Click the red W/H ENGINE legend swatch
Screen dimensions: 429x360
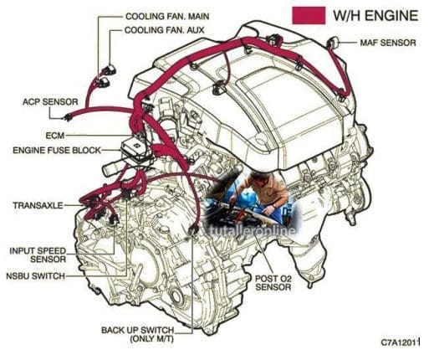tap(309, 15)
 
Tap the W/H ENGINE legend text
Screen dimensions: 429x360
tap(375, 15)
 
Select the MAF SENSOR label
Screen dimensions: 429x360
tap(388, 43)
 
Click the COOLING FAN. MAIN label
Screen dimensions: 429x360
tap(167, 17)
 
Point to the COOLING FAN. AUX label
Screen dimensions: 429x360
tap(165, 30)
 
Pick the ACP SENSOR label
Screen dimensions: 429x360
tap(50, 102)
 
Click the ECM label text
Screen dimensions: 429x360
tap(55, 136)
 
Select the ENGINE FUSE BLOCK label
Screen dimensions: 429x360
tap(57, 151)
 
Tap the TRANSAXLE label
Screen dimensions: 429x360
tap(38, 205)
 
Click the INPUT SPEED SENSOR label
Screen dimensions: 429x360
tap(38, 255)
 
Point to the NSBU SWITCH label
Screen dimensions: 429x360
tap(36, 276)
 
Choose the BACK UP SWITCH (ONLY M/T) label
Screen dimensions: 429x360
tap(138, 334)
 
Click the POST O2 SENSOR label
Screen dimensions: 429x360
tap(273, 283)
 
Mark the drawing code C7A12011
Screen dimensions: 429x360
tap(401, 342)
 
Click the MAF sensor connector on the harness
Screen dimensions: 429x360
tap(333, 42)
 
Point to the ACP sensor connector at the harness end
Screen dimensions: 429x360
tap(67, 117)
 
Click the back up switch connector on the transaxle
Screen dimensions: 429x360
tap(193, 231)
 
